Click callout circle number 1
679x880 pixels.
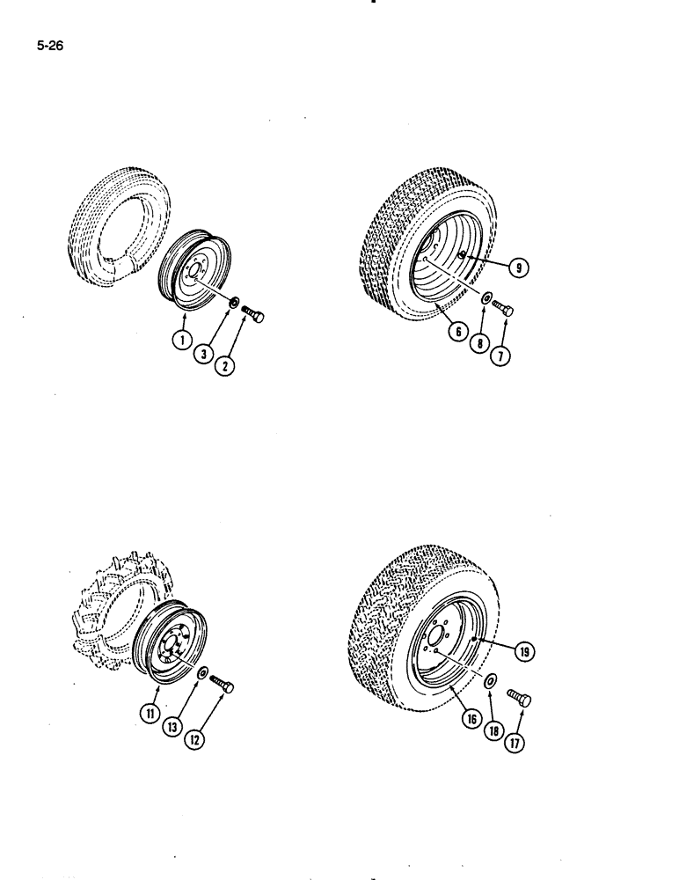pos(181,339)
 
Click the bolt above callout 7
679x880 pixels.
pos(504,307)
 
